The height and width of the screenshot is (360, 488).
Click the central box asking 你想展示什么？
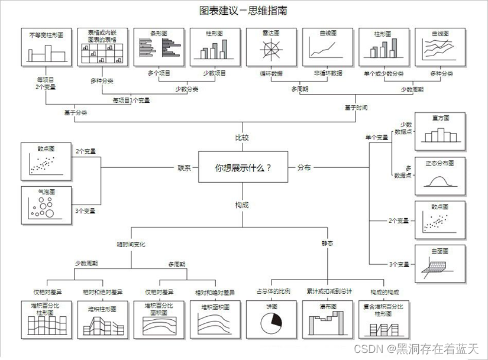point(243,167)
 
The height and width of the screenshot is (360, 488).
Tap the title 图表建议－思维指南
point(244,11)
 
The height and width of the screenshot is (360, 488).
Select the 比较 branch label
point(242,138)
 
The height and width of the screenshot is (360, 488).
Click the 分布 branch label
point(304,168)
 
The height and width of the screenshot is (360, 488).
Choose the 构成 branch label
point(242,205)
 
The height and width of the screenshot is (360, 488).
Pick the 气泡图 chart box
point(46,205)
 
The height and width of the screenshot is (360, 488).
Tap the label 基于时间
point(356,108)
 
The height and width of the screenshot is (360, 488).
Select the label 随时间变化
point(131,244)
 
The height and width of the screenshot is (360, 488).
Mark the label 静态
point(327,244)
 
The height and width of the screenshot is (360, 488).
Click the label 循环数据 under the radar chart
point(270,73)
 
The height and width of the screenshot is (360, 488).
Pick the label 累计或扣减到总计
point(329,291)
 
